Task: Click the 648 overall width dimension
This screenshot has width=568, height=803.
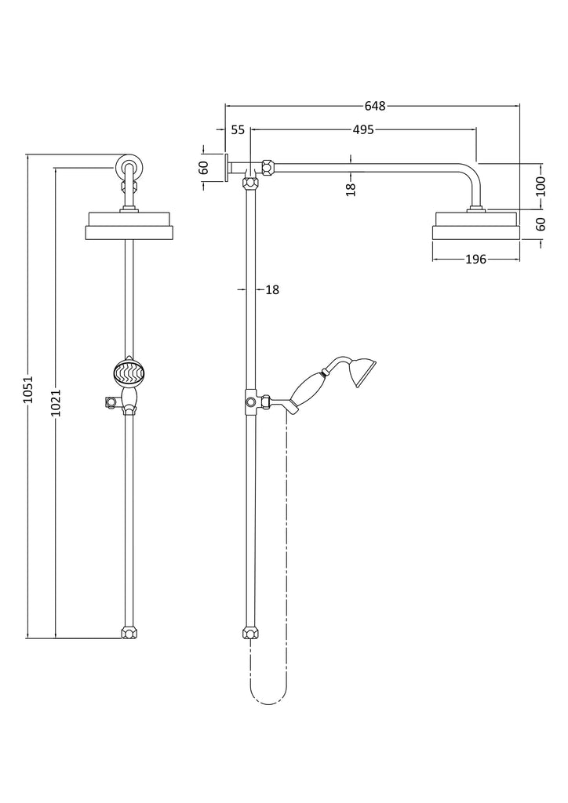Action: (375, 106)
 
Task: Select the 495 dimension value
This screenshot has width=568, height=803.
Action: (363, 130)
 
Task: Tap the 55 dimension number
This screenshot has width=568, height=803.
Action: (238, 130)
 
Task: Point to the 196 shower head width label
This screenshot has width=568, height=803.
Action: (475, 260)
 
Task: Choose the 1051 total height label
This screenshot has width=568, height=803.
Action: (28, 389)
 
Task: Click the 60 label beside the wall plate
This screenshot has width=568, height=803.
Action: (204, 168)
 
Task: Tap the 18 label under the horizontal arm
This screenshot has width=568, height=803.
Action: (351, 190)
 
